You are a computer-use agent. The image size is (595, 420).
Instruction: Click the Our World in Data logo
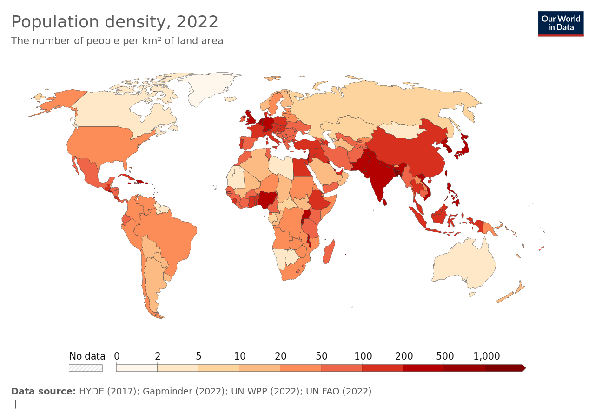[561, 23]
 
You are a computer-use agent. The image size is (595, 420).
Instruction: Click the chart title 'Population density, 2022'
[115, 22]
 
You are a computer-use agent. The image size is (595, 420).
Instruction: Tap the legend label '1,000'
[486, 356]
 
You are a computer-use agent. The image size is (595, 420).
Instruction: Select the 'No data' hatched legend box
[86, 368]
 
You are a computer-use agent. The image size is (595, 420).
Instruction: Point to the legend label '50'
[321, 356]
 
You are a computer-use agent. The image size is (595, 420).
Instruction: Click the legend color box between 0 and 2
[137, 368]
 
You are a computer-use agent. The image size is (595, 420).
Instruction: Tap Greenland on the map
[209, 88]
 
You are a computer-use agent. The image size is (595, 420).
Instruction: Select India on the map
[375, 177]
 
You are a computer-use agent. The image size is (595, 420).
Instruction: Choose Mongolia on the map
[400, 130]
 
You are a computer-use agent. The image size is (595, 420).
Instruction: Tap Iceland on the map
[230, 99]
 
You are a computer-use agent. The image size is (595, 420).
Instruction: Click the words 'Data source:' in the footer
[43, 391]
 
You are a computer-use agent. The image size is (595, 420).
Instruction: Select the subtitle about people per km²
[117, 41]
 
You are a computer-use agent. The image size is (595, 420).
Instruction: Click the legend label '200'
[404, 356]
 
